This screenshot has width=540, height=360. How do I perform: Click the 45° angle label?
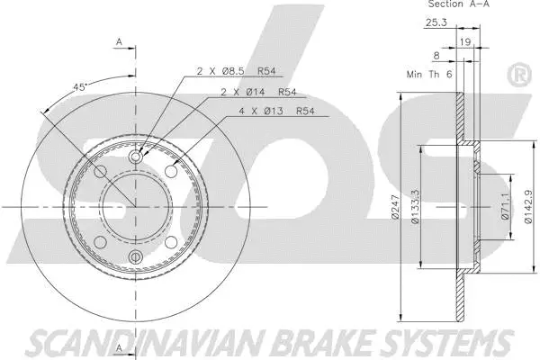click(79, 87)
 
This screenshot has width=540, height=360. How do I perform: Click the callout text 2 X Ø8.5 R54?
click(236, 71)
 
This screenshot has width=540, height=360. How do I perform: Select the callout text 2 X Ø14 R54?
click(258, 92)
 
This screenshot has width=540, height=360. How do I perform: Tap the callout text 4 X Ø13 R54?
click(276, 111)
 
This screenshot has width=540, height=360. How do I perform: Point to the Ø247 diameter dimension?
click(395, 207)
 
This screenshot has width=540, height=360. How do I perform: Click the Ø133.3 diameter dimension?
click(415, 207)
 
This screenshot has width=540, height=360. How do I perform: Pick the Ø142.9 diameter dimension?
click(528, 207)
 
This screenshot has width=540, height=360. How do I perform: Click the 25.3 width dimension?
click(436, 22)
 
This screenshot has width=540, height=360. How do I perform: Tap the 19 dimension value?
click(465, 42)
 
